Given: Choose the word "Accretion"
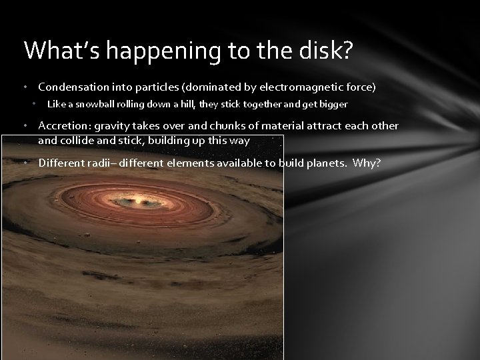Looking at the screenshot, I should coord(62,126).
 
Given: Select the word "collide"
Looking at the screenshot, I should coord(75,141).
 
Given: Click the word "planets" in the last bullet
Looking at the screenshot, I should coord(329,162).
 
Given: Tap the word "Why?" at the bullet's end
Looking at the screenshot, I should coord(367,162).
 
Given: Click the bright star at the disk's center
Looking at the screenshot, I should coord(139,199).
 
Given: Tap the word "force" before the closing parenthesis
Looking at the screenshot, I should coord(358,87).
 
